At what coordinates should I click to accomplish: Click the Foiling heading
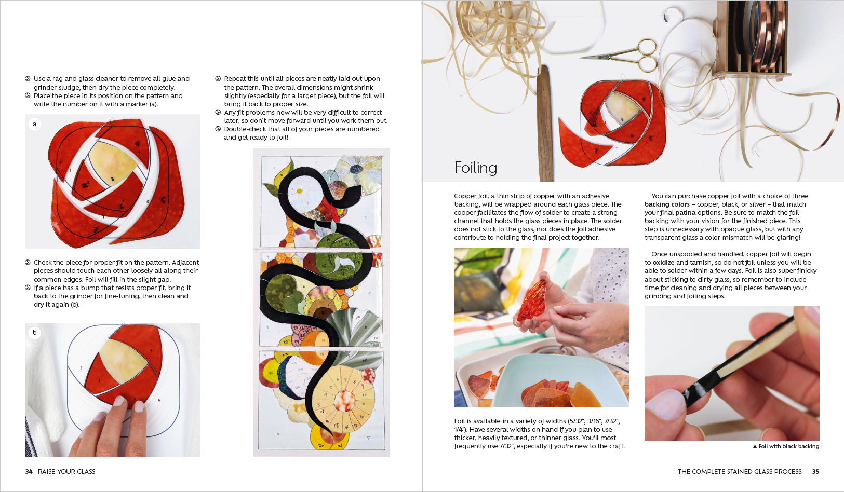476,168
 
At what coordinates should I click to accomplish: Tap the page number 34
29,472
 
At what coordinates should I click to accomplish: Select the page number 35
815,472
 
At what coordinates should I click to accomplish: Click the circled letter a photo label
35,124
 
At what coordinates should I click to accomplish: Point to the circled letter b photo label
35,333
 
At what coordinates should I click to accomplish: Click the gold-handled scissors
622,56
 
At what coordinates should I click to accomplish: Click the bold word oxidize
664,263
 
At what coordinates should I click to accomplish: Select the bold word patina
686,213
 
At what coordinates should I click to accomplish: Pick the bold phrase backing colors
667,204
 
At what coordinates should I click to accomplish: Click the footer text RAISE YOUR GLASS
66,472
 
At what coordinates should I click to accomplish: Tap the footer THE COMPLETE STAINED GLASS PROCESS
740,472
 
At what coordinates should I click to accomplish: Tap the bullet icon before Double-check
218,129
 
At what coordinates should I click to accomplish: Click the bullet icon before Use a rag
28,79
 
